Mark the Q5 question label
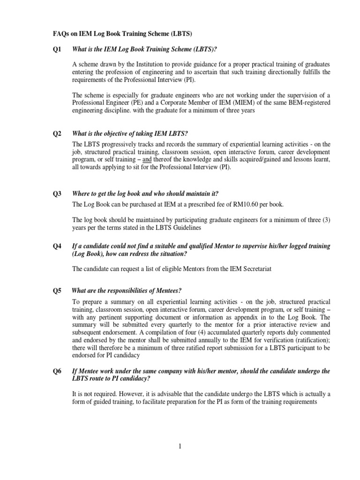57,291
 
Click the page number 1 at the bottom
180,446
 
